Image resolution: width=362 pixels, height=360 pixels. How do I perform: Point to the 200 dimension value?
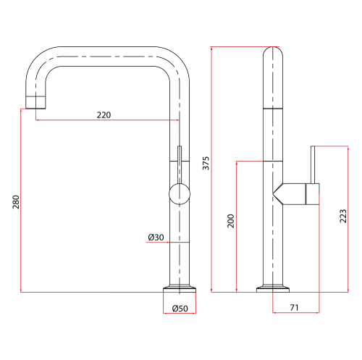(x=231, y=221)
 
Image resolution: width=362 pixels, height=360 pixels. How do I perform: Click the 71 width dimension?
(x=295, y=308)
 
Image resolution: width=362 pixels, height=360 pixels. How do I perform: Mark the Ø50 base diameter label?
(x=180, y=309)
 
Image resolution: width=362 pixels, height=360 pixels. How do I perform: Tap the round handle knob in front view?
(x=180, y=193)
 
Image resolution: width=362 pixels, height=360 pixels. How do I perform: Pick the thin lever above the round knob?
(x=180, y=163)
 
